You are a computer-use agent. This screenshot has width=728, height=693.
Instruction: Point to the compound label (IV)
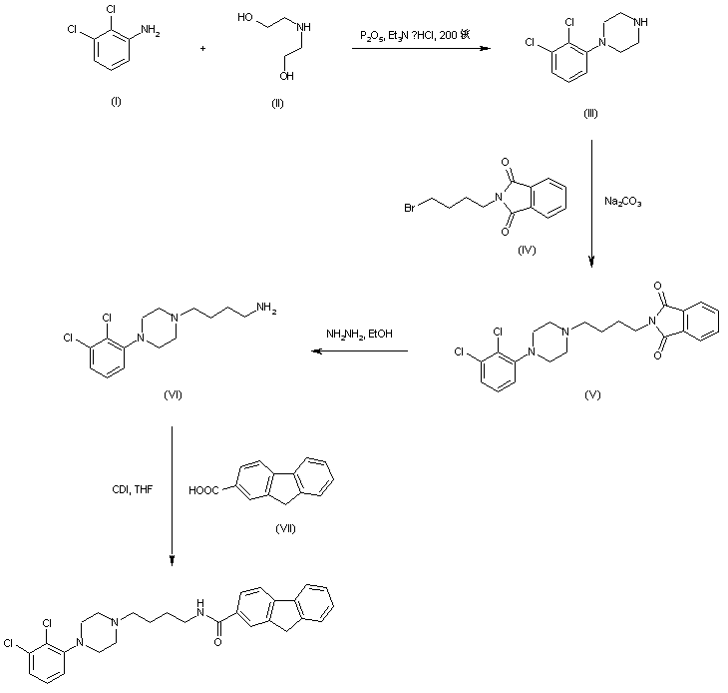point(527,250)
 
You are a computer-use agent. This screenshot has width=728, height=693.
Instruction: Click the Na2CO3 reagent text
point(623,202)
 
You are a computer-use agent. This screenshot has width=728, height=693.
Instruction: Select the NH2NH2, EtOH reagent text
point(360,334)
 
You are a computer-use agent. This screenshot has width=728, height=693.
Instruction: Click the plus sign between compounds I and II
point(202,47)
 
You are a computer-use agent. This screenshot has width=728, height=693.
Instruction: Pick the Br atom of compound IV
point(410,208)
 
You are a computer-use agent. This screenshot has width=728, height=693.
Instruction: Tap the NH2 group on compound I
point(151,31)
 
